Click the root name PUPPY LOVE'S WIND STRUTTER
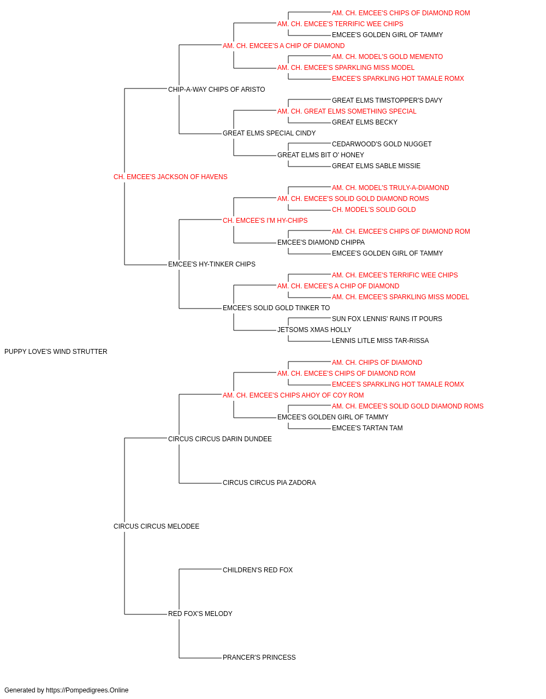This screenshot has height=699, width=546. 56,352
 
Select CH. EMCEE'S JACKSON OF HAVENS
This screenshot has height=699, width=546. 170,177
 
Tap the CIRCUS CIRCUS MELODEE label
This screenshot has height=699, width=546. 156,526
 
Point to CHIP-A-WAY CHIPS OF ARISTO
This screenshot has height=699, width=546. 216,90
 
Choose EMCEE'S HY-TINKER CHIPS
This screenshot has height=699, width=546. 212,264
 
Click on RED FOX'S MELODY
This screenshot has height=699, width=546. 200,614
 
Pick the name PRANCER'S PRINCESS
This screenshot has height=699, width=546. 259,657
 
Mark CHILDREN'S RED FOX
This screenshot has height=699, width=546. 258,570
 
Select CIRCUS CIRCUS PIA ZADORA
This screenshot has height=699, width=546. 269,483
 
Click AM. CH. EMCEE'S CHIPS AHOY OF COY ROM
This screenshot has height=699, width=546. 293,395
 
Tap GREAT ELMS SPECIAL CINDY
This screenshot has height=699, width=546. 269,133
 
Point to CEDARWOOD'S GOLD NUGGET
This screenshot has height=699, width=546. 382,144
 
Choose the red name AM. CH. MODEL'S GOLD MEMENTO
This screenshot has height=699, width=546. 387,57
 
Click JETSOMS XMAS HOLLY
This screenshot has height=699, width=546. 314,330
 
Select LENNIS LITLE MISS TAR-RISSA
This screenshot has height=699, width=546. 381,341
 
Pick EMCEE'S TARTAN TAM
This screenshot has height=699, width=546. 367,428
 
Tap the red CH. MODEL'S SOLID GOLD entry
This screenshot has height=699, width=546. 373,210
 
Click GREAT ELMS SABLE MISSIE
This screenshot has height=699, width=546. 376,166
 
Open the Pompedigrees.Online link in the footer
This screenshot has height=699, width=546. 87,690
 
